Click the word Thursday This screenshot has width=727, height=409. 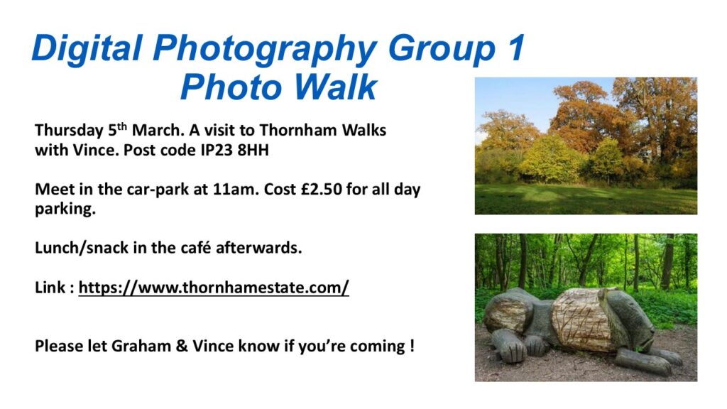pos(69,131)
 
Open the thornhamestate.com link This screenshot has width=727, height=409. pos(214,288)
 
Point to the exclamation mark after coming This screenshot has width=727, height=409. pos(412,346)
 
